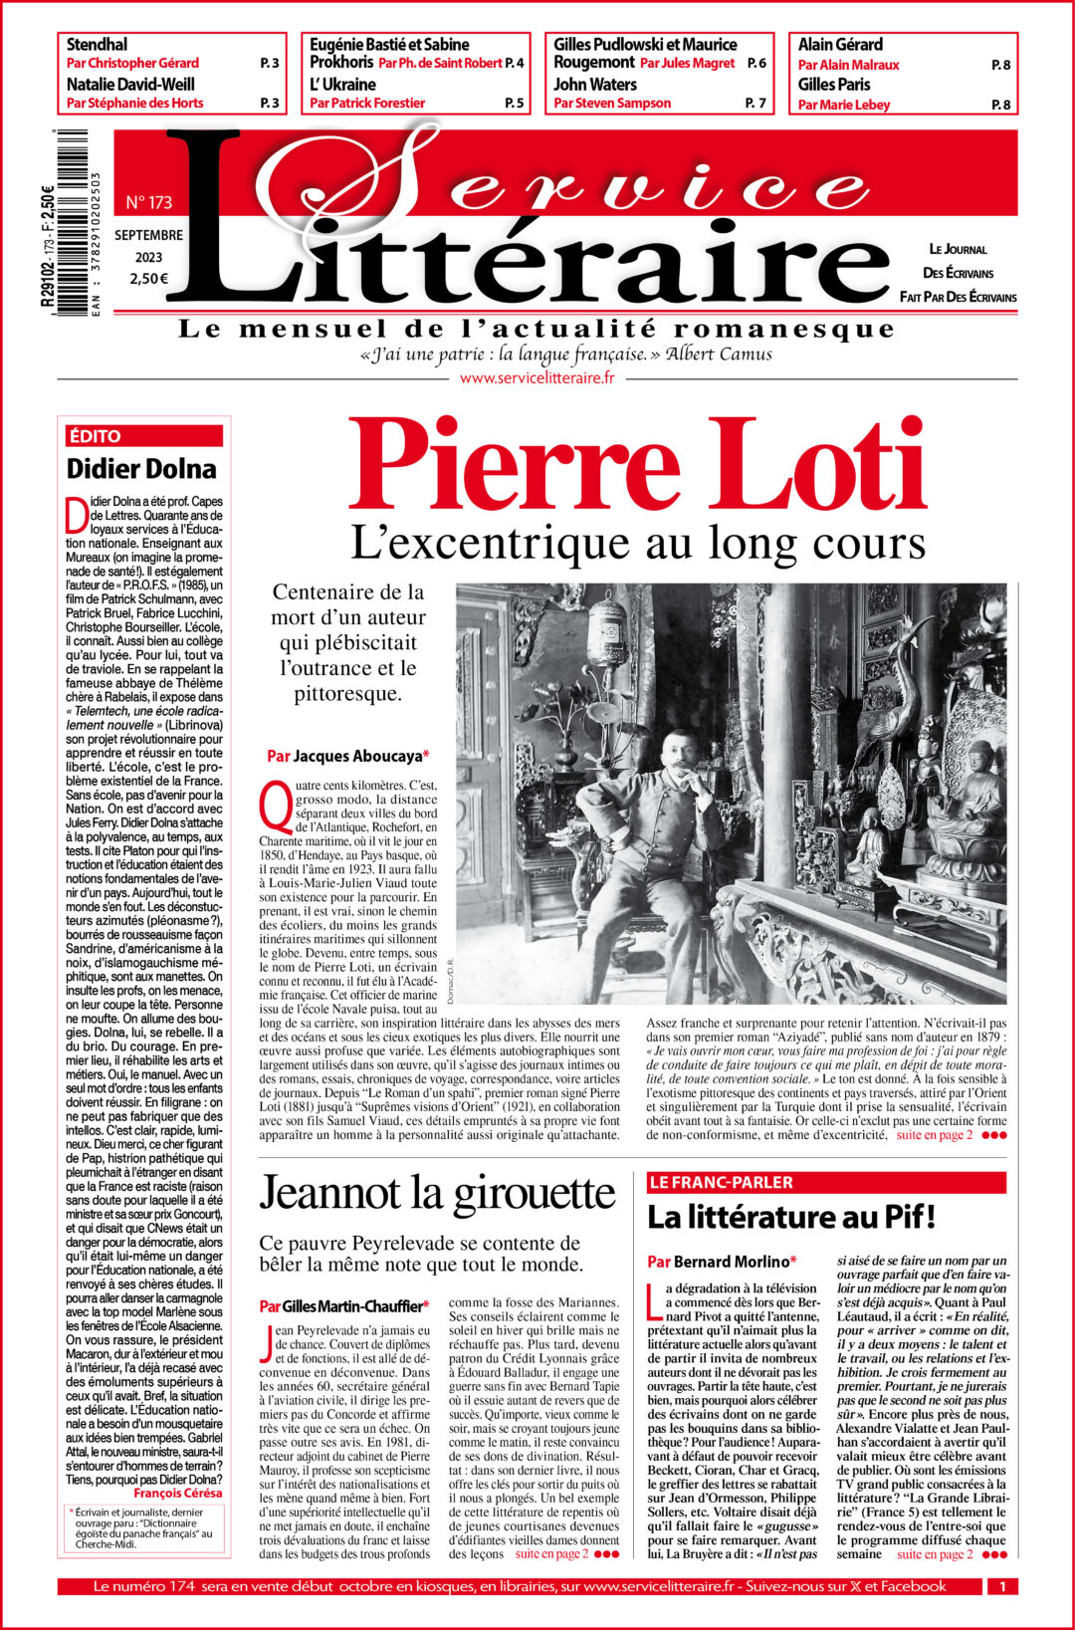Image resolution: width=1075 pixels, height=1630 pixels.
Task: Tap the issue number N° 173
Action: tap(148, 202)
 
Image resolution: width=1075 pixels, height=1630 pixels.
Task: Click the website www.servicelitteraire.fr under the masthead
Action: tap(537, 378)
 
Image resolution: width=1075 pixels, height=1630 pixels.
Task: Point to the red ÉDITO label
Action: tap(95, 436)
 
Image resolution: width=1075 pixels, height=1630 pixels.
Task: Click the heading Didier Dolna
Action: tap(141, 469)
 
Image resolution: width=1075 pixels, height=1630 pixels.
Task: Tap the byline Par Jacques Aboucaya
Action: tap(347, 757)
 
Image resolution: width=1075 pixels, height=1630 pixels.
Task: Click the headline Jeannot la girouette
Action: tap(438, 1194)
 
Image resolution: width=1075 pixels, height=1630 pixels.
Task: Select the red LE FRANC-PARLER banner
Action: tap(826, 1182)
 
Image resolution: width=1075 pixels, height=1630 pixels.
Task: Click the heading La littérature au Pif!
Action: tap(791, 1218)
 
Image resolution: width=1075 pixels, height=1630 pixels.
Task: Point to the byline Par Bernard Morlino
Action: tap(722, 1262)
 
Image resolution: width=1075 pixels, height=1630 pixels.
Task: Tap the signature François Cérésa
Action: tap(178, 1493)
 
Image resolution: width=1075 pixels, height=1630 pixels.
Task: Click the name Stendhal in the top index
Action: tap(97, 45)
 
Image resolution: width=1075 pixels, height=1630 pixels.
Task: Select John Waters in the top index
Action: tap(594, 85)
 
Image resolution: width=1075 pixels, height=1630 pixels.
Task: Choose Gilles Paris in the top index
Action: tap(833, 85)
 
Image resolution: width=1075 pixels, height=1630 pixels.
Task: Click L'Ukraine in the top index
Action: tap(342, 85)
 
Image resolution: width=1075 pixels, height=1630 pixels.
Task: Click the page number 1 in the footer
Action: tap(1002, 1586)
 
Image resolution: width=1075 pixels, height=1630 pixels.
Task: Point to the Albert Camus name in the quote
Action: tap(719, 353)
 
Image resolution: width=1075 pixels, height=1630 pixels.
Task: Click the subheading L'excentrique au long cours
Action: tap(638, 544)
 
